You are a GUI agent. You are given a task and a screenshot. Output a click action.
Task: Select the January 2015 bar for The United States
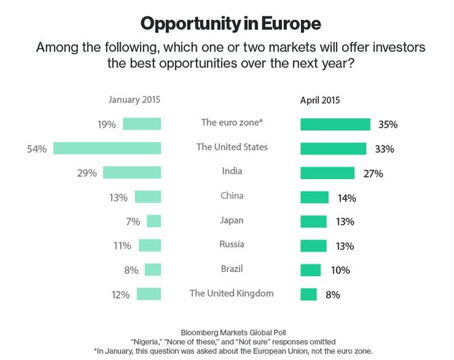(x=107, y=148)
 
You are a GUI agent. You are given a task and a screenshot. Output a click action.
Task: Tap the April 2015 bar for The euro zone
(x=335, y=124)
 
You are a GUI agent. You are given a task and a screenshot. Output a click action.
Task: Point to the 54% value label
(x=37, y=148)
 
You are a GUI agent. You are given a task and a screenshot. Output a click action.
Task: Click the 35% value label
(x=387, y=125)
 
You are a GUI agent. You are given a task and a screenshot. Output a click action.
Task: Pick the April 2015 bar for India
(x=328, y=173)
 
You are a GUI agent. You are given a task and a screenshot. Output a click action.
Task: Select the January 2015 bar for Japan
(x=154, y=221)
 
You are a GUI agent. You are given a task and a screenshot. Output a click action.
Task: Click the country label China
(x=231, y=196)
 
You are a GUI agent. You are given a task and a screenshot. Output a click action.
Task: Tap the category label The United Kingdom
(x=231, y=293)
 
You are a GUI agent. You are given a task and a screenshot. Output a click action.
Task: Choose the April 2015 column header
(x=320, y=100)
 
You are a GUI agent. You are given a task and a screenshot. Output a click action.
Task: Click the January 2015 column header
(x=134, y=100)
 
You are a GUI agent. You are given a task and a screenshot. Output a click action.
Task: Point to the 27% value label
(x=373, y=174)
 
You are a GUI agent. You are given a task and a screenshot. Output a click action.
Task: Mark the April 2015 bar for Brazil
(x=311, y=270)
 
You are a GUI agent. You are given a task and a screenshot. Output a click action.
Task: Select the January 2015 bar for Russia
(x=150, y=245)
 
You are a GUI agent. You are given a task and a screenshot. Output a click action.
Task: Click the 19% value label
(x=107, y=124)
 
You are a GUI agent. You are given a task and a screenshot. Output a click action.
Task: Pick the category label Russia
(x=231, y=245)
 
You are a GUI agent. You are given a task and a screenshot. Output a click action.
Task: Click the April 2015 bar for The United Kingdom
(x=309, y=294)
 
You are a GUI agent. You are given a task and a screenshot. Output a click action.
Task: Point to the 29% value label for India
(x=87, y=172)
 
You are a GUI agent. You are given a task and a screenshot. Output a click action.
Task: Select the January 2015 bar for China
(x=147, y=197)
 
